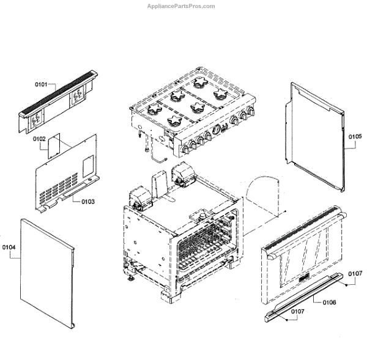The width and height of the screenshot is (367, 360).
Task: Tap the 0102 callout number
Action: (x=40, y=139)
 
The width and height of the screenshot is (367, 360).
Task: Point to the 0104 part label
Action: (x=9, y=248)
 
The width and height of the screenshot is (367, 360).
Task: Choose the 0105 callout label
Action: (x=356, y=136)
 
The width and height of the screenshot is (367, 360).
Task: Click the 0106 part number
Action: (x=328, y=301)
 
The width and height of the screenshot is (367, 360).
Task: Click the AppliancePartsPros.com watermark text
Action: (x=182, y=6)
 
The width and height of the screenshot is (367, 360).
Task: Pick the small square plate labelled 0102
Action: (x=56, y=145)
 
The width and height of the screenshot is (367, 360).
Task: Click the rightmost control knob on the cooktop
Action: (x=251, y=113)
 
